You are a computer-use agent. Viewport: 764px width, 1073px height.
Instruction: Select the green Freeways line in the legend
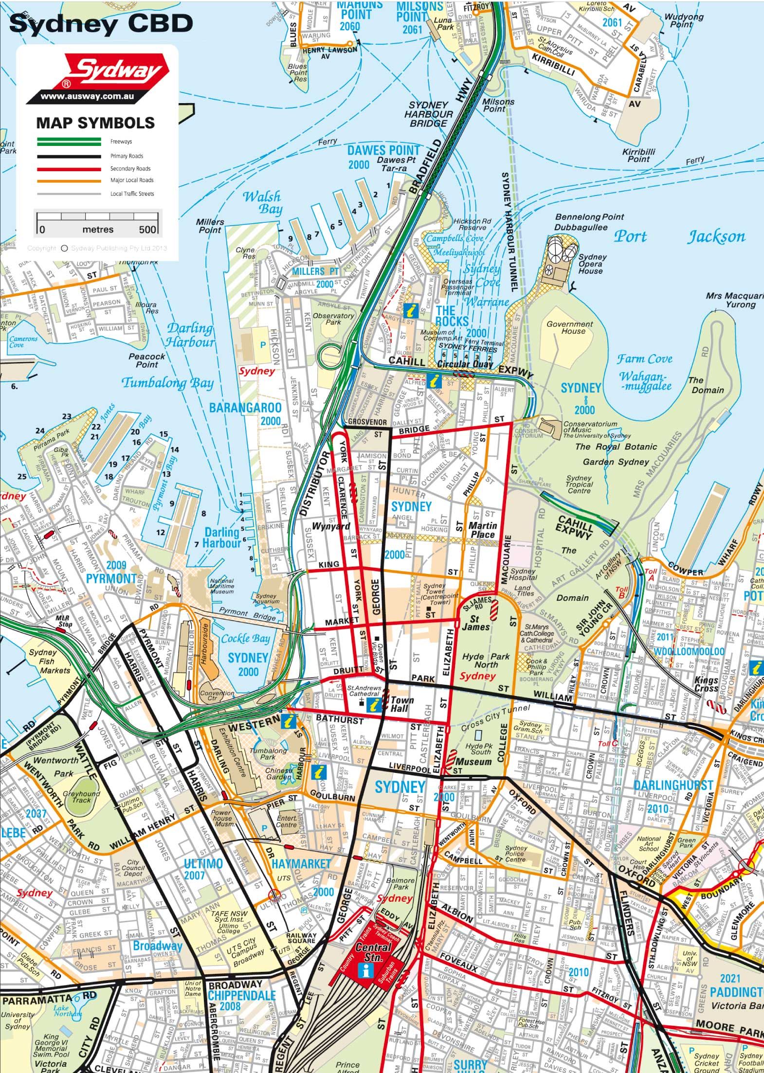(69, 142)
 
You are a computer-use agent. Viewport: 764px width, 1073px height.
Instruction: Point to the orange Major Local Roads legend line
(69, 180)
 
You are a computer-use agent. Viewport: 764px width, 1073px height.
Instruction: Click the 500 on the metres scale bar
(147, 229)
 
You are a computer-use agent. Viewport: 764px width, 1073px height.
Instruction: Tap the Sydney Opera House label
(592, 264)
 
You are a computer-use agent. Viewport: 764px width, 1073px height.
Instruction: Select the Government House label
(569, 327)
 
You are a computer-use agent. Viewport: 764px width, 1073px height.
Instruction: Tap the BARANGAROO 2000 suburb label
(245, 413)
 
